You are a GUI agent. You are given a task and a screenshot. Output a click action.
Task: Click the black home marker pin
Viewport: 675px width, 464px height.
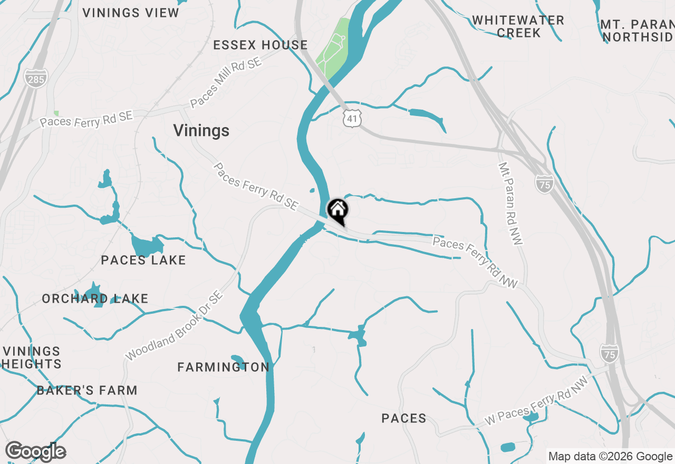pos(337,211)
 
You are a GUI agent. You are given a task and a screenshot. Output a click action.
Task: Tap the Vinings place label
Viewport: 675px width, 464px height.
pos(201,131)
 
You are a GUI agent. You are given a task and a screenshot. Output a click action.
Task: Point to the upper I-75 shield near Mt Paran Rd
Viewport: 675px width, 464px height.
pos(544,183)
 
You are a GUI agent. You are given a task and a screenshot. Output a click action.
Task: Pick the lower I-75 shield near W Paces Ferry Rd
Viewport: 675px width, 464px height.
pos(610,353)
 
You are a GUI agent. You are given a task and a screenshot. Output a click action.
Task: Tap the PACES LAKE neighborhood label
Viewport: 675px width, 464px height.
pos(143,260)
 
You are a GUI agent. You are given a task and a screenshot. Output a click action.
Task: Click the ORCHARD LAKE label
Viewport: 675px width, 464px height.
pos(95,298)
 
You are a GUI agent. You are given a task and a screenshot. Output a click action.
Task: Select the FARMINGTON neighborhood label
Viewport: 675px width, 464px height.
pos(223,367)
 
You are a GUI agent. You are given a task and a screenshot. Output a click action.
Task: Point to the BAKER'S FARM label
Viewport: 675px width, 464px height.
pos(87,390)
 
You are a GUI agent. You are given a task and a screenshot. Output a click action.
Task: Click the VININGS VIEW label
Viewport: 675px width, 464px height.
pos(131,13)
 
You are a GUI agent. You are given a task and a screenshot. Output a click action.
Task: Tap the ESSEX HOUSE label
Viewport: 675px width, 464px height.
pos(261,45)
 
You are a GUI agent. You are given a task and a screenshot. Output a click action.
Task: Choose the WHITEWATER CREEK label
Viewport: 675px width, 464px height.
pos(518,26)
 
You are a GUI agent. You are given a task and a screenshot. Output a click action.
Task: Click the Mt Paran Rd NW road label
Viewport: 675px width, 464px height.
pos(510,204)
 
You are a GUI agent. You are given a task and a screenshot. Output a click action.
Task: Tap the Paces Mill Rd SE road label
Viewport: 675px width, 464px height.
pos(226,83)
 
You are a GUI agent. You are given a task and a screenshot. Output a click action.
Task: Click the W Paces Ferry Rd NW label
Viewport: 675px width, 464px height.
pos(536,402)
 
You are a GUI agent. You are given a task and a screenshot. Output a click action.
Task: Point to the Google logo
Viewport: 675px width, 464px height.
pos(35,451)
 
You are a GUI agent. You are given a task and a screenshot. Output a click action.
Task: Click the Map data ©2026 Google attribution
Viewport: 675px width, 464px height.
pos(611,457)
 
